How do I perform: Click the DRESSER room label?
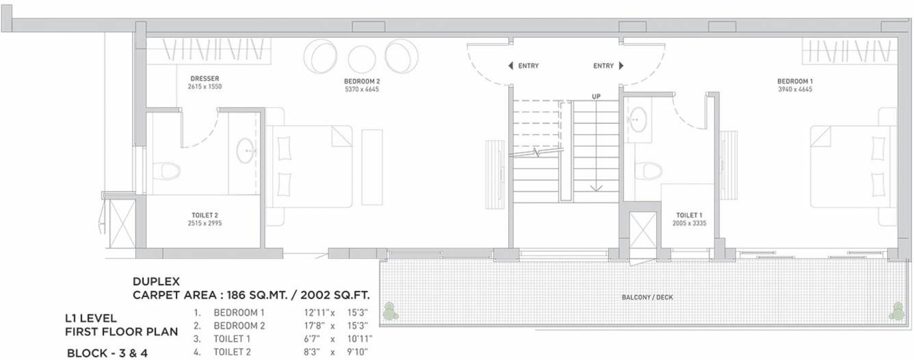click(x=205, y=79)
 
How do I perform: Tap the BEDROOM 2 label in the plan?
click(x=362, y=81)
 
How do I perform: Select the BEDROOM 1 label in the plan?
click(x=795, y=81)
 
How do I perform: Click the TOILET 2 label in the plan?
click(x=205, y=215)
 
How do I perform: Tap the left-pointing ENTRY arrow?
click(x=511, y=66)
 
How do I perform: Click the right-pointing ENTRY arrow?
click(x=621, y=66)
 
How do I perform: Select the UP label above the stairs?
click(x=596, y=97)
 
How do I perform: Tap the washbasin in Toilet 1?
click(x=638, y=120)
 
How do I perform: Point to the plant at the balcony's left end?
click(x=390, y=311)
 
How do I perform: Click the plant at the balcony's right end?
click(x=896, y=312)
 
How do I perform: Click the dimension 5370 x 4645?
click(x=362, y=89)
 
